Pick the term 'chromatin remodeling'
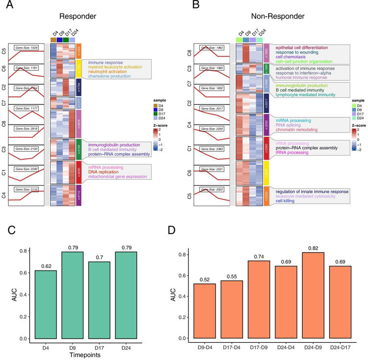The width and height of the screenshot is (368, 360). (x=299, y=130)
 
